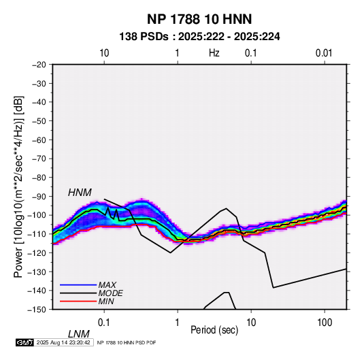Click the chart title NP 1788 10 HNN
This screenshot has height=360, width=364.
pos(199,19)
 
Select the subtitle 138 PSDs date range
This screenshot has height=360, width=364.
pos(199,37)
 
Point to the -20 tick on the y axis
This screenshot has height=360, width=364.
pos(39,65)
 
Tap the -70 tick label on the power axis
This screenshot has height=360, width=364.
pos(39,159)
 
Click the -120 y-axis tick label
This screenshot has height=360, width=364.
pos(37,252)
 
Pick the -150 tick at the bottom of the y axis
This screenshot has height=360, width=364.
pos(37,310)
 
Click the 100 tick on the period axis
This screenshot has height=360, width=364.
pos(325,323)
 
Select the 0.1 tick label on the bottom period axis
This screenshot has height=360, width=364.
pos(104,323)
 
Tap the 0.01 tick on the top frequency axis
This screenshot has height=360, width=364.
pos(324,53)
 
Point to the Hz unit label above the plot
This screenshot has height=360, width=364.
pos(214,53)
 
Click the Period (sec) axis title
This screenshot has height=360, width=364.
pos(214,330)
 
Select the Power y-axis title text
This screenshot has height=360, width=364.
pos(18,187)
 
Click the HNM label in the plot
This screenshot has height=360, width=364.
pos(80,193)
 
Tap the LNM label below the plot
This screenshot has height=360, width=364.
pos(79,334)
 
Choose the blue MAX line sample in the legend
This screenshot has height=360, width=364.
pos(78,285)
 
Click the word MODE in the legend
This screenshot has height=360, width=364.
pos(110,293)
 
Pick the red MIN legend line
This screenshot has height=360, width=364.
pos(78,301)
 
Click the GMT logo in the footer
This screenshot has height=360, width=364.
pos(24,342)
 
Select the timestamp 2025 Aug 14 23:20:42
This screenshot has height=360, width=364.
pos(63,342)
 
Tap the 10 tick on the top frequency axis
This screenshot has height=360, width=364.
pos(104,53)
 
